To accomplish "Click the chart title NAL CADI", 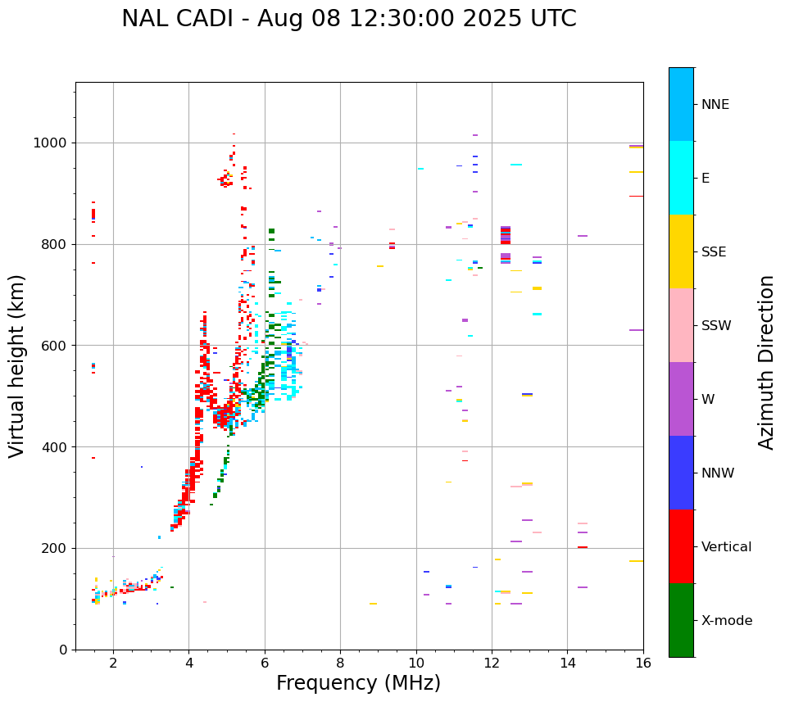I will point(348,19).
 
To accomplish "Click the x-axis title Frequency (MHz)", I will point(358,683).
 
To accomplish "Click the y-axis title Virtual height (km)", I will point(17,365).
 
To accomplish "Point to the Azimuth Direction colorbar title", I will point(766,361).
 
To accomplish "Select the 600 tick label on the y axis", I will point(52,346).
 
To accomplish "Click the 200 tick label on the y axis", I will point(52,548).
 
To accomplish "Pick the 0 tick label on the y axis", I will point(62,650).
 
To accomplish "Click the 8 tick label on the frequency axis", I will point(340,663).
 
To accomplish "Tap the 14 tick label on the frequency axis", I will point(567,663).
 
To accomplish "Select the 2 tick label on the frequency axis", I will point(113,663).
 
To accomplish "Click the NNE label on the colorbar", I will point(715,105).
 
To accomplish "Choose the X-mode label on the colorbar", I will point(727,621).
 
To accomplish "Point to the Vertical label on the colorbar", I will point(726,547).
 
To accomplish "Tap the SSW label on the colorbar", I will point(716,326).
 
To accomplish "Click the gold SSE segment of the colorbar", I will point(681,251).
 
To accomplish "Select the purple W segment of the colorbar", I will point(681,399).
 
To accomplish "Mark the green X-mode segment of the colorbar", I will point(681,620).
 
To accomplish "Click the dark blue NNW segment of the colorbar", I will point(681,473).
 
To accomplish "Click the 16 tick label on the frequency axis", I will point(642,663).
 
